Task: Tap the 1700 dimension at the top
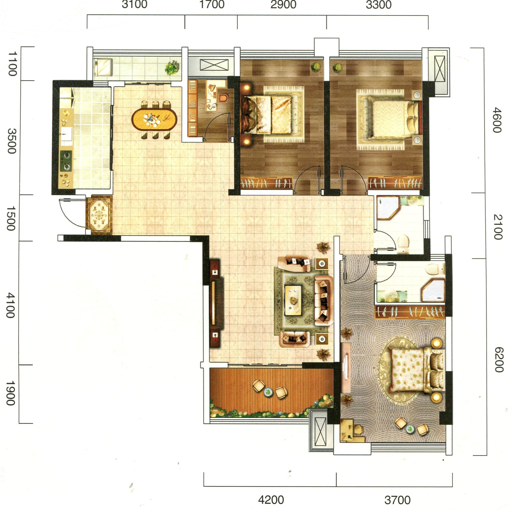(212, 5)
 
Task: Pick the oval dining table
(153, 119)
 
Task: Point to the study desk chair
(223, 98)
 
